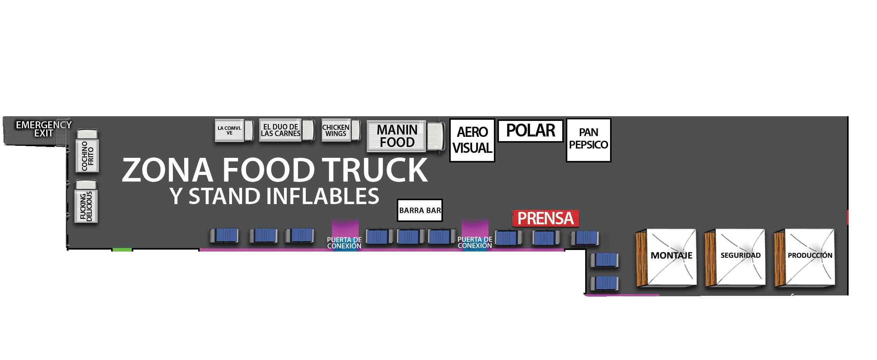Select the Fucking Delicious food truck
[86, 201]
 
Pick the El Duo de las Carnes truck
[286, 130]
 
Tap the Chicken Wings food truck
[340, 130]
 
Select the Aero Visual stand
[472, 140]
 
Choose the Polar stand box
[530, 131]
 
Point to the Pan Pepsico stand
[588, 140]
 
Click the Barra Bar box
[420, 211]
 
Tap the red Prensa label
[546, 218]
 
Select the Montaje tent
[666, 258]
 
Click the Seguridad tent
[735, 258]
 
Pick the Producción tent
[804, 258]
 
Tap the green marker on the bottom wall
[122, 250]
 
